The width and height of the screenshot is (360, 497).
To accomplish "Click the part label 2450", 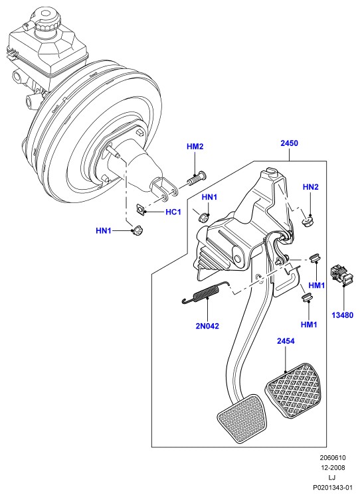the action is [x=290, y=143].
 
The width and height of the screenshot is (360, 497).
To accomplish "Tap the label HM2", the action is [x=195, y=147].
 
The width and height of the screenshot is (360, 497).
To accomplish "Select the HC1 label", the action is [x=173, y=212].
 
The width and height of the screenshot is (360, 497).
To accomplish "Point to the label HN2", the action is [x=311, y=187].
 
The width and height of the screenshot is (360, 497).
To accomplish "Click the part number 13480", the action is [x=343, y=315].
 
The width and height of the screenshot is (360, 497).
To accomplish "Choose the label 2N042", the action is [x=207, y=326].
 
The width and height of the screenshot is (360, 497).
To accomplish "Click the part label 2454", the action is [x=286, y=341].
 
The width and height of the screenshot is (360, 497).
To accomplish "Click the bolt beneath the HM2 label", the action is [x=197, y=178].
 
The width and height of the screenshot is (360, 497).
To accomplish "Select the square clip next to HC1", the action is [x=140, y=210].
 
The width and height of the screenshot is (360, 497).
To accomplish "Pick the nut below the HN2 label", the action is [x=308, y=221].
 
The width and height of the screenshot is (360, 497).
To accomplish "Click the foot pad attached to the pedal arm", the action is [x=242, y=418].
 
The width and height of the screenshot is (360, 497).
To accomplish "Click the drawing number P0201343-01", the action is [x=332, y=487].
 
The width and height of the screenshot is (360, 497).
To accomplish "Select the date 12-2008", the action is [x=332, y=468].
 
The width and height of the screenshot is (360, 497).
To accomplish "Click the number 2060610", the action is [x=332, y=458].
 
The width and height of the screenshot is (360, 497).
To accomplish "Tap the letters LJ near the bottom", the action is [x=332, y=477].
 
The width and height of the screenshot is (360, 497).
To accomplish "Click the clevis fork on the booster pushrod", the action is [x=164, y=189].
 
